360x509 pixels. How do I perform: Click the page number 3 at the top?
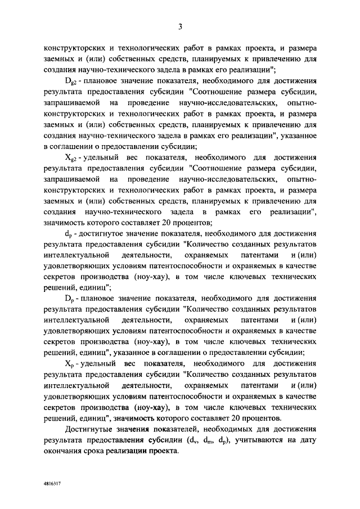(x=181, y=25)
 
